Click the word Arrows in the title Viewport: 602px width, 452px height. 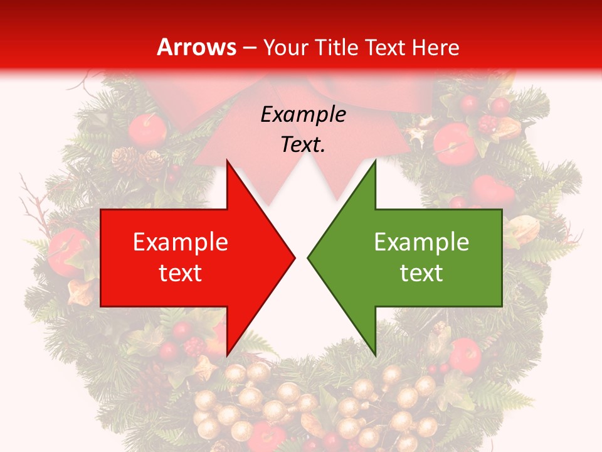click(x=197, y=48)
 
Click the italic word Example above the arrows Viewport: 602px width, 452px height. click(x=303, y=114)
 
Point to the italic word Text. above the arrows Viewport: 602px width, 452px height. click(x=303, y=144)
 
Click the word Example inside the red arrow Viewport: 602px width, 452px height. click(x=181, y=242)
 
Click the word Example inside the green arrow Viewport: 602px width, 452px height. click(x=421, y=242)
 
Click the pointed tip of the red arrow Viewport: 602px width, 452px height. click(x=295, y=257)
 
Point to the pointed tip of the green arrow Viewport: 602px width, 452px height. click(x=308, y=257)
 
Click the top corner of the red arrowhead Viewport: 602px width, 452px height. click(x=227, y=161)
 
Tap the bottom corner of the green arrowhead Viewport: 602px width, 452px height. click(x=375, y=355)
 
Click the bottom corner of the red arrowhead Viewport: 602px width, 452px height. click(x=227, y=355)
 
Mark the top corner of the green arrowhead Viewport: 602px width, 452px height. click(x=375, y=161)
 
